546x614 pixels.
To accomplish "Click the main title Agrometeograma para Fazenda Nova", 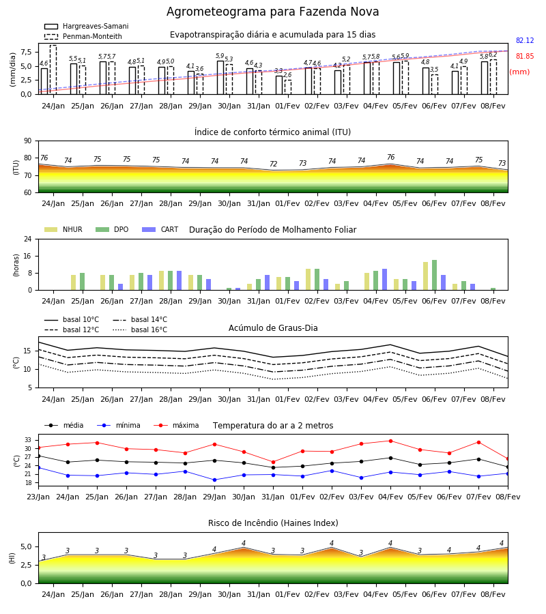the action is tap(272, 12).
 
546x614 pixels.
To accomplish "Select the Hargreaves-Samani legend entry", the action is tap(87, 26).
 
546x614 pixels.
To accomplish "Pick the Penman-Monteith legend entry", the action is tap(83, 36).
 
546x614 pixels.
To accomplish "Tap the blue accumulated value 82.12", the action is tap(525, 40).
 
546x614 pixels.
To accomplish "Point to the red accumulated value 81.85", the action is tap(525, 56).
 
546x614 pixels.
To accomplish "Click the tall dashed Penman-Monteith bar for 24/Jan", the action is tap(53, 70).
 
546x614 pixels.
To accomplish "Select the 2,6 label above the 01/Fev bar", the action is tap(287, 75).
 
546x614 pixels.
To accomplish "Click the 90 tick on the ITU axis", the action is tap(28, 141).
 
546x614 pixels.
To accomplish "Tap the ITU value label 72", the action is tap(274, 164).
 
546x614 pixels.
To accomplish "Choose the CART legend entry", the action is tap(160, 229).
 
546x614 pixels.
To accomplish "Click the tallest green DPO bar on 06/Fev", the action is tap(434, 275).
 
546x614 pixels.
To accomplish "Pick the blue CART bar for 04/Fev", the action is tap(385, 280).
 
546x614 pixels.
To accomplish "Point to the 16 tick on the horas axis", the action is tap(28, 256).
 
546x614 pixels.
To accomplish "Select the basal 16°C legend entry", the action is tap(140, 330).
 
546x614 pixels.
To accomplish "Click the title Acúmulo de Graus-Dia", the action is tap(273, 327).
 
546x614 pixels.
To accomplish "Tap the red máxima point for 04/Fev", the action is tap(390, 441).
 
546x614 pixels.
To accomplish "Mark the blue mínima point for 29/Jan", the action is tap(214, 480).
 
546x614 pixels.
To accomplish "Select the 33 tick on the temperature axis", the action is tap(28, 440).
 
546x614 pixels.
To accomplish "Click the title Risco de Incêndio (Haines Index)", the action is tap(273, 523).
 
